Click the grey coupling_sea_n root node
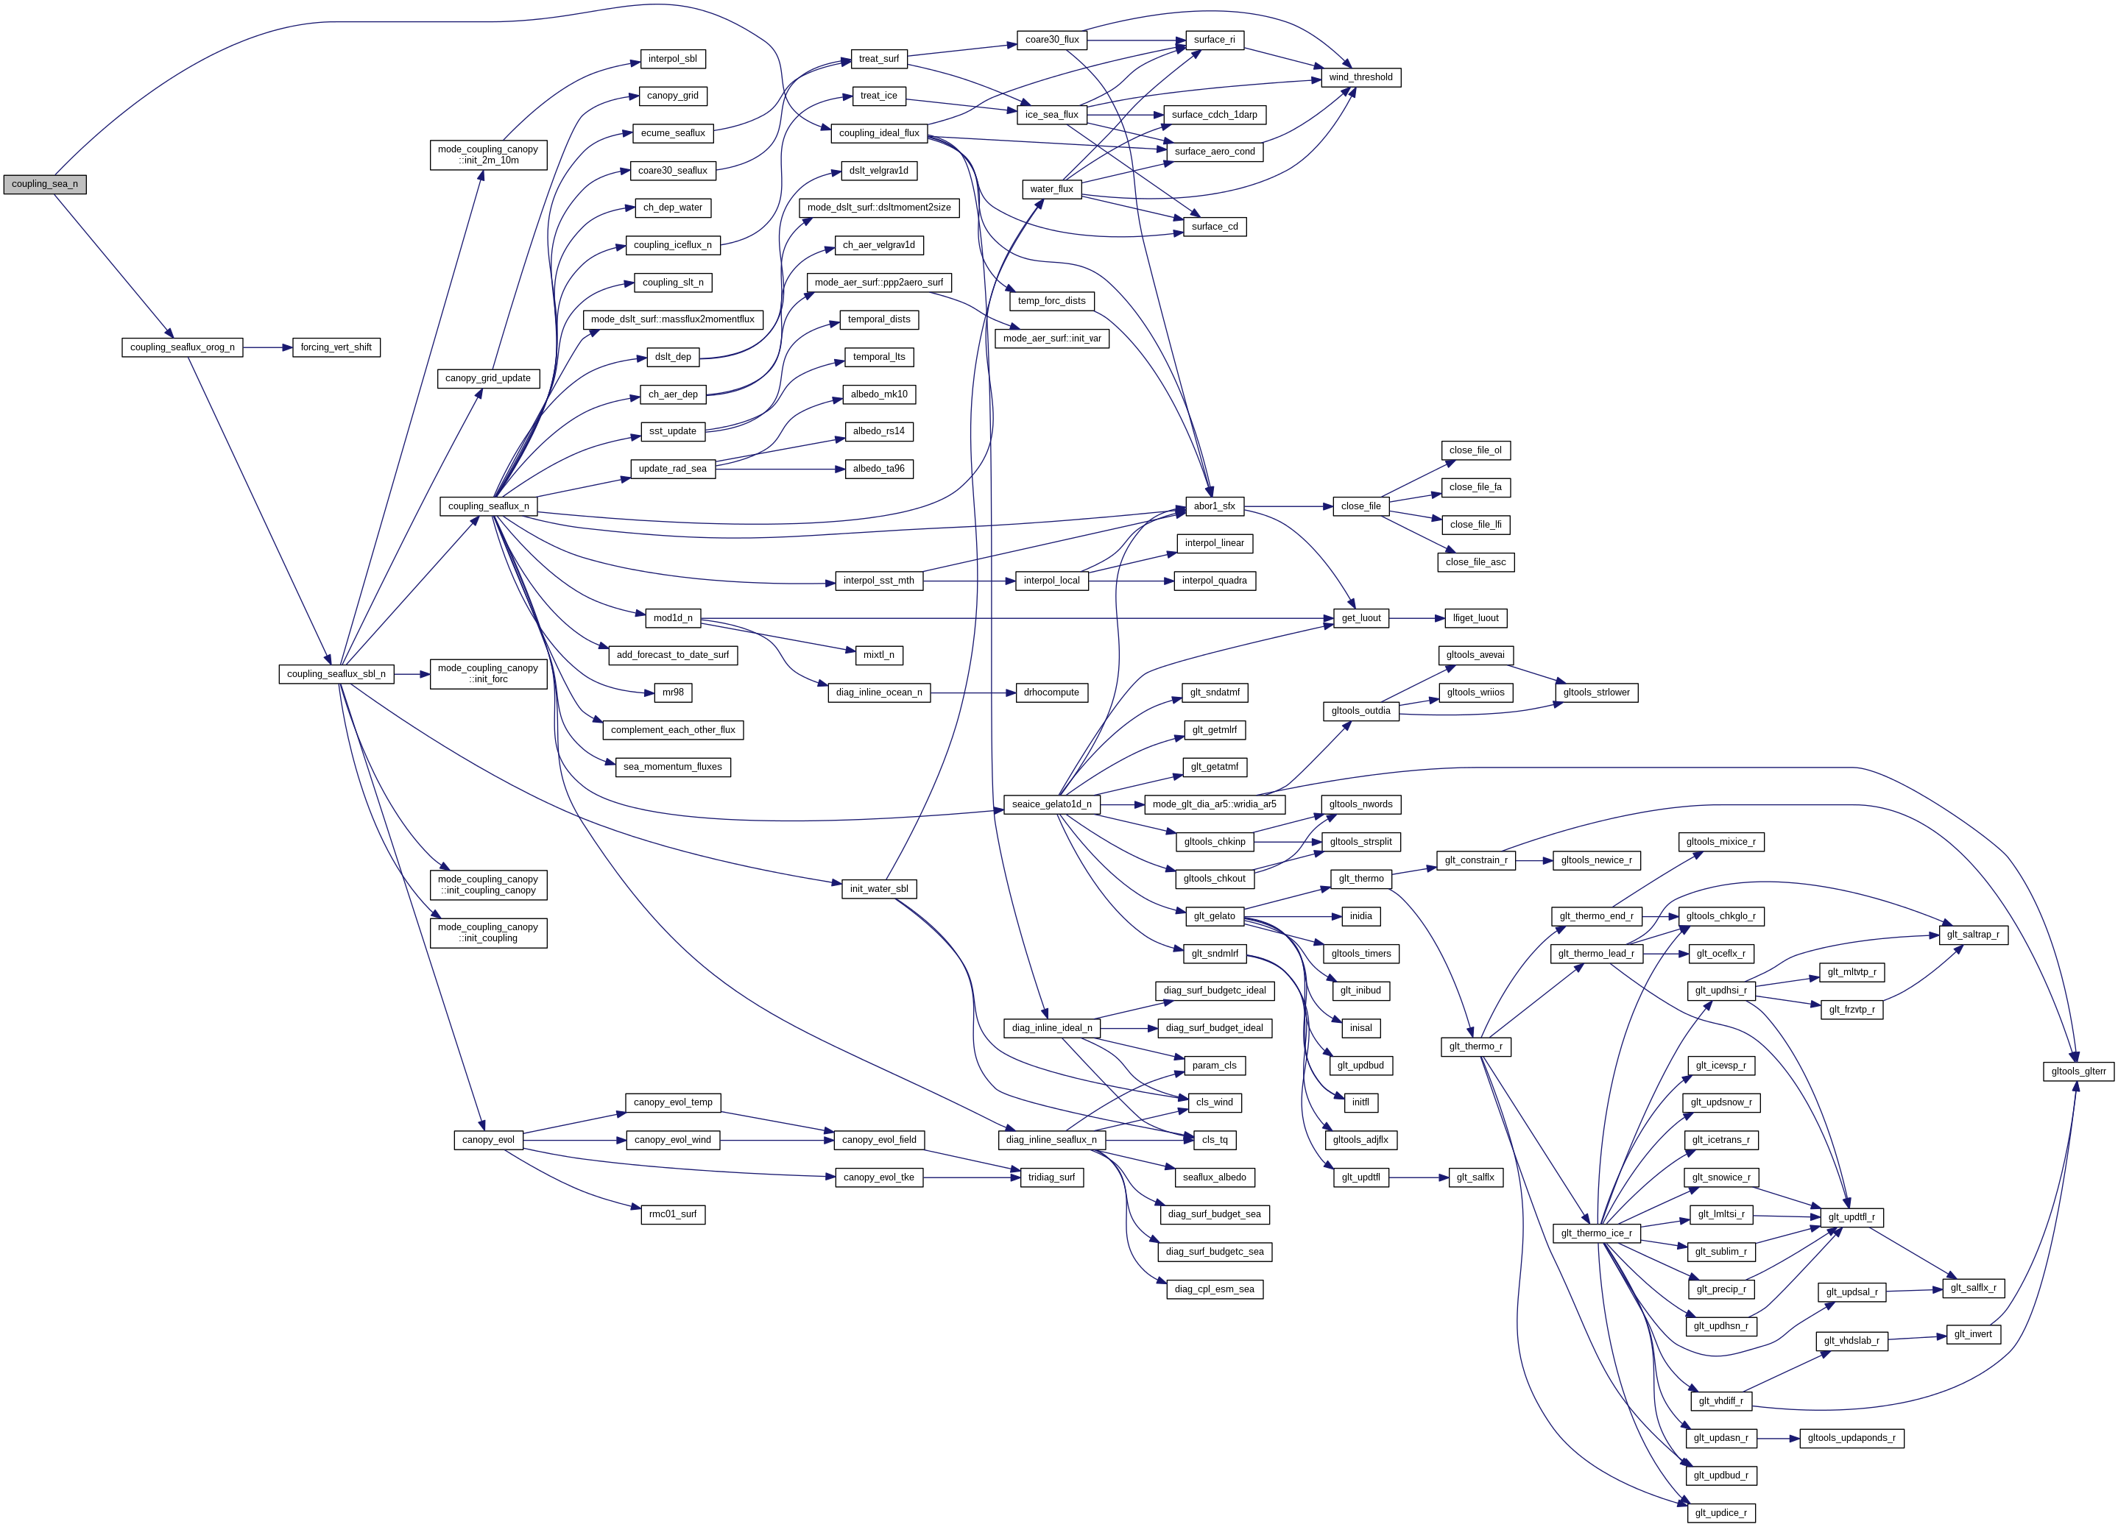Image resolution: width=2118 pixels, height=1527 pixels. point(45,184)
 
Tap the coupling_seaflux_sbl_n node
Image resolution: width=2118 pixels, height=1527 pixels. point(336,674)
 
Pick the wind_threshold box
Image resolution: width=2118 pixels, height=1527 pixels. point(1360,77)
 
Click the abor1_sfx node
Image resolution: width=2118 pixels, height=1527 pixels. point(1213,506)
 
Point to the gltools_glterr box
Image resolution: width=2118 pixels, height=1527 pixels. point(2078,1071)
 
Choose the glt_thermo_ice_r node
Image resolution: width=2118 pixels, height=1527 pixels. point(1596,1233)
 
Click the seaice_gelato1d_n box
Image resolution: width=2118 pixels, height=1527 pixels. point(1051,804)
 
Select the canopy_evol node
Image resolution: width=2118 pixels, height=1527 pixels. point(487,1140)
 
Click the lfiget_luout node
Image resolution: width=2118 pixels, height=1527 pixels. point(1475,618)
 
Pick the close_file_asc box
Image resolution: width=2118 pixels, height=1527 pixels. point(1475,562)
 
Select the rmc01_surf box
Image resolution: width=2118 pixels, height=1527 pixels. point(672,1214)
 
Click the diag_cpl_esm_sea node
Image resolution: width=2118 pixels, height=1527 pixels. point(1214,1289)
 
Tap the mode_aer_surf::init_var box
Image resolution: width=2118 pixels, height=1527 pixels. point(1051,338)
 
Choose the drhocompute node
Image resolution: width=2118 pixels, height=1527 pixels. point(1051,692)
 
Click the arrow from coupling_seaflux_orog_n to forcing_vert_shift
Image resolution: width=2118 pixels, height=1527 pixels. point(267,347)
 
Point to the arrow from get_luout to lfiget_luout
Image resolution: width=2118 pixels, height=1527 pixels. point(1416,618)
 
